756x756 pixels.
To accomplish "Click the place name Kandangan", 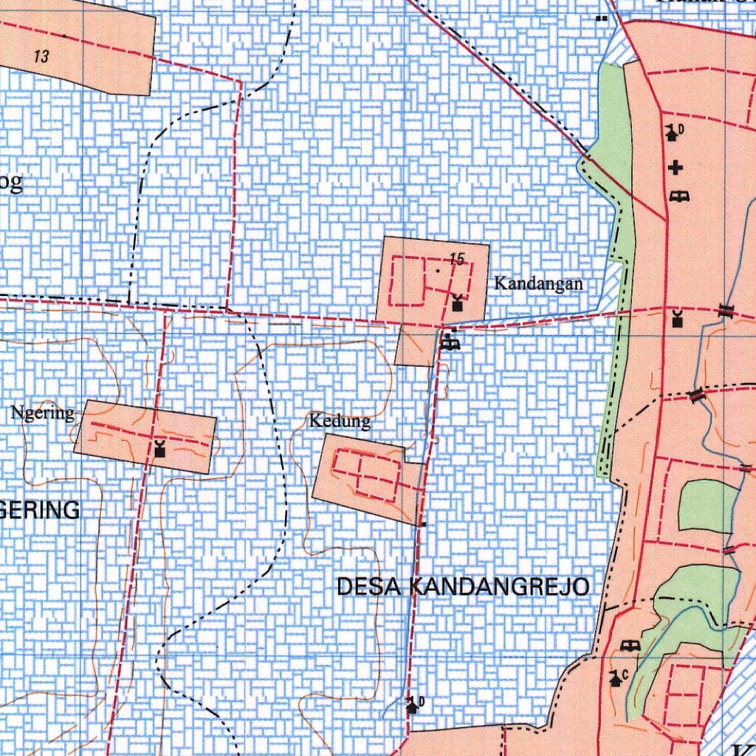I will click(538, 283).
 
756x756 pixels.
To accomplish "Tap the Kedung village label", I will click(340, 422).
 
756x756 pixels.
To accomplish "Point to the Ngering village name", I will click(43, 413).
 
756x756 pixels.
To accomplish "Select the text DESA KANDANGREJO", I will click(463, 587).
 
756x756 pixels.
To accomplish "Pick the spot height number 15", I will click(457, 259).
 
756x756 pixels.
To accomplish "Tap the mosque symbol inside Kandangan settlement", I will click(458, 303).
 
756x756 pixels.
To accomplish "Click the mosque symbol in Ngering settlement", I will click(159, 448).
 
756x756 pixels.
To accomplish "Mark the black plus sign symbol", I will click(676, 168).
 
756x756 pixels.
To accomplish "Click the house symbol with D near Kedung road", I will click(413, 706).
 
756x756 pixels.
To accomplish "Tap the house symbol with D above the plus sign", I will click(672, 133).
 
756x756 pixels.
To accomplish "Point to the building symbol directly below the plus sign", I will click(678, 196).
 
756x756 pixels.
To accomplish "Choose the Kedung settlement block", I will click(362, 478).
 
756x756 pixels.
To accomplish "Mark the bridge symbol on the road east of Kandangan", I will click(726, 310).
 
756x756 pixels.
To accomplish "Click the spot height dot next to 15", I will click(438, 271).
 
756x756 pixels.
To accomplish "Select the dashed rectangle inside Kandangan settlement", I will click(408, 281).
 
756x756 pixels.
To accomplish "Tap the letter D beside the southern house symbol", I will click(422, 701).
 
